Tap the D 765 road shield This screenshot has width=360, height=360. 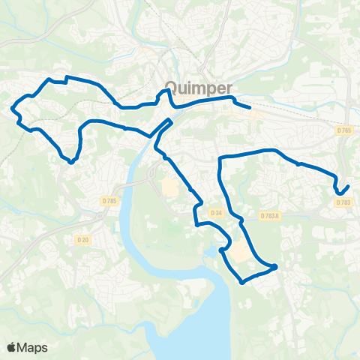point(344,130)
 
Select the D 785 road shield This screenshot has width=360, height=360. point(109,200)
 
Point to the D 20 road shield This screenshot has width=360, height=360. point(83,239)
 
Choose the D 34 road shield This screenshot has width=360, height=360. point(217,214)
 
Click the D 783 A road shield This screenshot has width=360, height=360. point(269,216)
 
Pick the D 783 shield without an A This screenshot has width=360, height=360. point(343,202)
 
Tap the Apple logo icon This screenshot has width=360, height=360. point(12,347)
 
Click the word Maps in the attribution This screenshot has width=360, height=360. point(32,347)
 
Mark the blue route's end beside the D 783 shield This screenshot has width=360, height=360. point(349,186)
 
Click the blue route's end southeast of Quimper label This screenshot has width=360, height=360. point(249,108)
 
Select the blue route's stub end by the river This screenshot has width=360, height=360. point(172,120)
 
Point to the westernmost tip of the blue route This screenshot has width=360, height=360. point(12,110)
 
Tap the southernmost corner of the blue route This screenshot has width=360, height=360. point(241,283)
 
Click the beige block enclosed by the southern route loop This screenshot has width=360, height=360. point(240,256)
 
